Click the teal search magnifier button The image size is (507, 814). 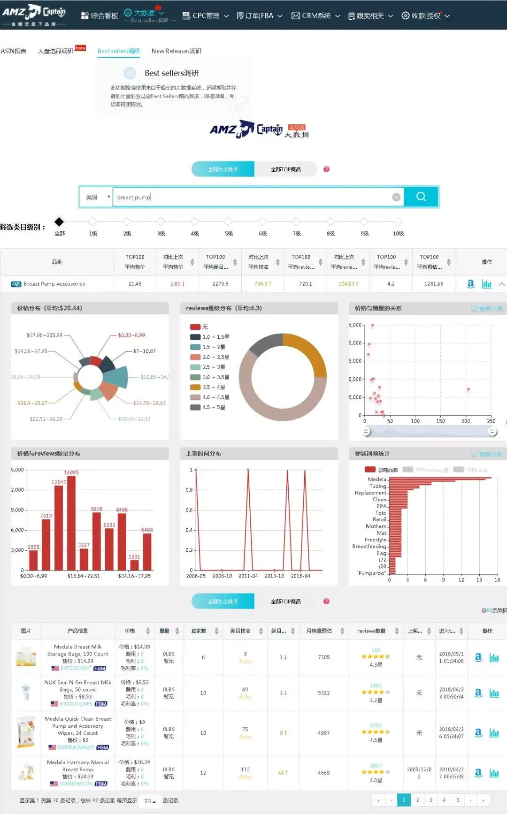click(421, 197)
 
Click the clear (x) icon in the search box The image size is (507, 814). click(396, 197)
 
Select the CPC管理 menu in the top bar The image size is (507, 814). click(206, 15)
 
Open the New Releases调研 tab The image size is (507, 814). click(177, 51)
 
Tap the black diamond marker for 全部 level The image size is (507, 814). click(59, 221)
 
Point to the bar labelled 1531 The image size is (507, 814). click(135, 565)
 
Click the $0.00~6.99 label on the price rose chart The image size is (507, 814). click(131, 335)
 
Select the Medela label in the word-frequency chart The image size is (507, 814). click(376, 479)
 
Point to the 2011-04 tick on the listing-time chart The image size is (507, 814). click(248, 576)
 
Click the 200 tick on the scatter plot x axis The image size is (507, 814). click(466, 421)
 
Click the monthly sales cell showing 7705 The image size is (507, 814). click(324, 657)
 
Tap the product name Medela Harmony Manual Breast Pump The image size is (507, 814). click(78, 766)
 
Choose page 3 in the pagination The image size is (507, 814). click(430, 800)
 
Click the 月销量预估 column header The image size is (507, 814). click(319, 631)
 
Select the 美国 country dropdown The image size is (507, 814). click(96, 197)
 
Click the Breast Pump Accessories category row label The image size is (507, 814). click(54, 284)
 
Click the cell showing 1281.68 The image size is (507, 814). click(434, 284)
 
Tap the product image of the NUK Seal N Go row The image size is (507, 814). click(26, 693)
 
